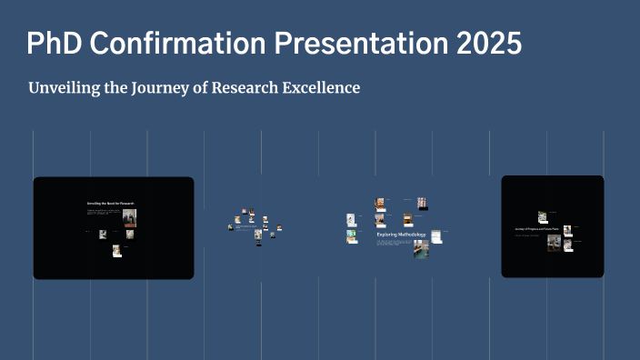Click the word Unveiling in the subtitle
pyautogui.click(x=66, y=88)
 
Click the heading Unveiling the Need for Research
pyautogui.click(x=110, y=204)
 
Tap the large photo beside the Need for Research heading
pyautogui.click(x=129, y=217)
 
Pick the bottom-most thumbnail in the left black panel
pyautogui.click(x=116, y=251)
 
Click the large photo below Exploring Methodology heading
pyautogui.click(x=421, y=248)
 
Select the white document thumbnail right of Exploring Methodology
pyautogui.click(x=436, y=236)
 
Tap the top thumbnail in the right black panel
pyautogui.click(x=542, y=216)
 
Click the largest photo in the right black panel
pyautogui.click(x=554, y=243)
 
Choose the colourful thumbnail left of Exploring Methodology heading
pyautogui.click(x=351, y=236)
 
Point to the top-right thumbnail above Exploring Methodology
pyautogui.click(x=422, y=203)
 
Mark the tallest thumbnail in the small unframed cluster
pyautogui.click(x=258, y=235)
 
